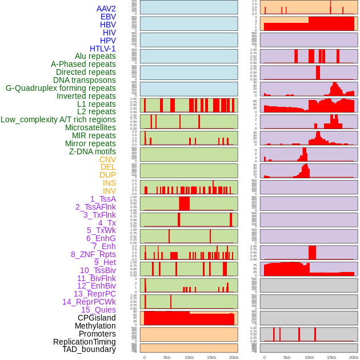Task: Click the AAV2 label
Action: click(x=106, y=9)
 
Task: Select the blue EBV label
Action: click(x=108, y=17)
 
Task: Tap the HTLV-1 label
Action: click(x=103, y=49)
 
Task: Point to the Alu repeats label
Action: click(x=95, y=56)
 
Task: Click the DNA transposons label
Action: click(x=85, y=80)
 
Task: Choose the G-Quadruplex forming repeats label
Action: click(x=61, y=88)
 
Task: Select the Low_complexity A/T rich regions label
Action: click(x=58, y=119)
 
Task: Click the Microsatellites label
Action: click(x=90, y=127)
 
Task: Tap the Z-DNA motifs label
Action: click(x=93, y=151)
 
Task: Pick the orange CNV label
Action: click(x=107, y=159)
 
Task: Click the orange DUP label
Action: click(x=107, y=175)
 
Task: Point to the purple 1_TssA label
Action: click(x=103, y=199)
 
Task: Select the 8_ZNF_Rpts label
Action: click(x=93, y=254)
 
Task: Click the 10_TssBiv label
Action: click(x=98, y=270)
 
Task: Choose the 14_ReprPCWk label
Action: click(x=89, y=302)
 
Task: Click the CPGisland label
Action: click(x=97, y=318)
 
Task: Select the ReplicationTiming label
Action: click(x=84, y=342)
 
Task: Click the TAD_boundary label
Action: click(x=89, y=349)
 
